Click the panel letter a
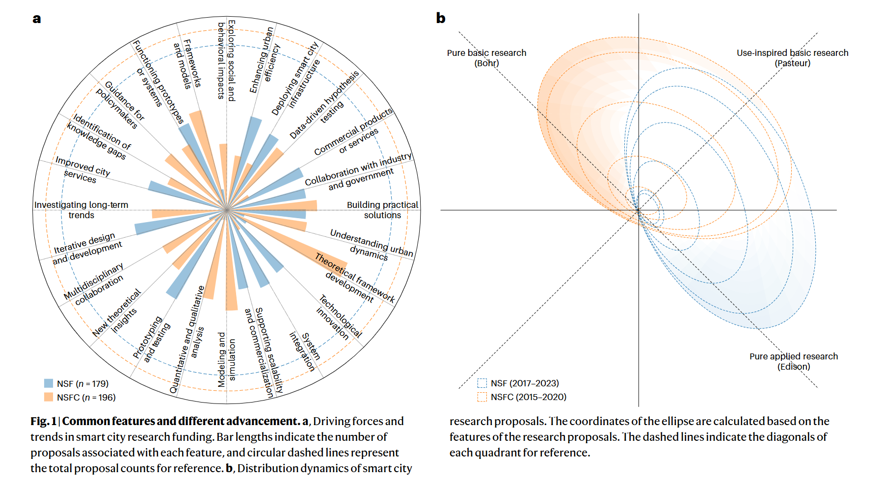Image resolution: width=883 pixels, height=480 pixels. pos(37,19)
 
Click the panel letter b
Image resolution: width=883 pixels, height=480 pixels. pos(441,19)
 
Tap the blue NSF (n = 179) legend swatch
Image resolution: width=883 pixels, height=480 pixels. pos(49,383)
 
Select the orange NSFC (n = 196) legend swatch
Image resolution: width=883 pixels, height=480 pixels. pos(49,397)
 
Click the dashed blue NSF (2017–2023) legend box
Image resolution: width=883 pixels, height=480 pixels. pos(482,383)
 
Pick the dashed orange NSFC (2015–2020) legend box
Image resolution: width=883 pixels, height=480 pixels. pos(482,397)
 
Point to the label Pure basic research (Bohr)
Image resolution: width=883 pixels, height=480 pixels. pos(486,58)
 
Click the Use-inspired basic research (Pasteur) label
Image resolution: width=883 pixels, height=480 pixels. pos(792,58)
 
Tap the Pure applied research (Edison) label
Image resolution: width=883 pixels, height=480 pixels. pos(793,361)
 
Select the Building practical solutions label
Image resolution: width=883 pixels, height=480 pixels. pos(382,210)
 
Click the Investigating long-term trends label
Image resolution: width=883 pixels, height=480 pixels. pos(81,210)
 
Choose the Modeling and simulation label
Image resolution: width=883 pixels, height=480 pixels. pos(227,360)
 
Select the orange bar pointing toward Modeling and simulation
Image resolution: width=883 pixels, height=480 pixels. pos(231,275)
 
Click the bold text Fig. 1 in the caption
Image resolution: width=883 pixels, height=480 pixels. pos(43,421)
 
